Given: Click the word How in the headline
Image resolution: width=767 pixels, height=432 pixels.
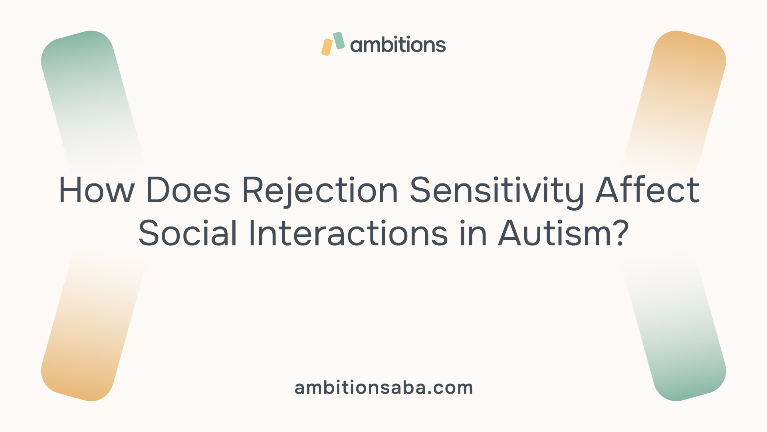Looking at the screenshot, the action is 96,190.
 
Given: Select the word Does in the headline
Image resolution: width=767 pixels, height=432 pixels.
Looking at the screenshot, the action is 188,190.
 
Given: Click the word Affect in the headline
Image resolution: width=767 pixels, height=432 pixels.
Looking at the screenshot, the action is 648,189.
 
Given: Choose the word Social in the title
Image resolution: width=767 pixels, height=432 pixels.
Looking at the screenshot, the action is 188,233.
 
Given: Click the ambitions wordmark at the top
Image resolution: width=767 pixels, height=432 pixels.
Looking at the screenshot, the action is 398,44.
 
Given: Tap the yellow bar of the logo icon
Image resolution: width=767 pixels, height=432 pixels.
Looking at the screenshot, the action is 327,47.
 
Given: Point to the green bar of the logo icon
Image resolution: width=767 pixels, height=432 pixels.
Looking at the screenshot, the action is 339,41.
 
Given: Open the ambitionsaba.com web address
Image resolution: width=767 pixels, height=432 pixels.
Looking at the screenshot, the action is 384,388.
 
